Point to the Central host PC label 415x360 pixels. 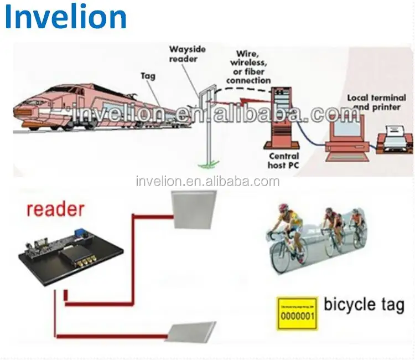coord(283,161)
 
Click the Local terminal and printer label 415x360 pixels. coord(372,102)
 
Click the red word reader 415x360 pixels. coord(56,209)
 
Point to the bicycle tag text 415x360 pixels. coord(364,305)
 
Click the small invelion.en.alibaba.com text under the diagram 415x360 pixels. coord(207,181)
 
